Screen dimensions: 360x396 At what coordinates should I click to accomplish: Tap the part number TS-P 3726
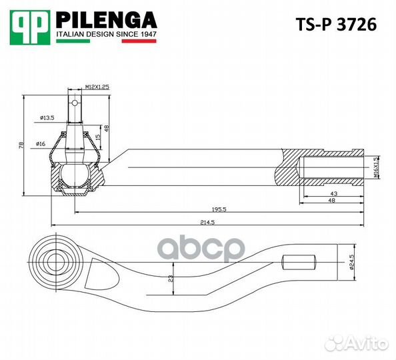(x=335, y=25)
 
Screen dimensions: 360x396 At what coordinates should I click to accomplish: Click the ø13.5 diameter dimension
(x=47, y=117)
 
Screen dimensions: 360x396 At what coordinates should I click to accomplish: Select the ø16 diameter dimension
(x=41, y=144)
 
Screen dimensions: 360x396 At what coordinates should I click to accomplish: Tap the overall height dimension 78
(x=21, y=145)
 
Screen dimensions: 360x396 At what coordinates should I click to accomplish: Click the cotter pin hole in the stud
(x=76, y=104)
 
